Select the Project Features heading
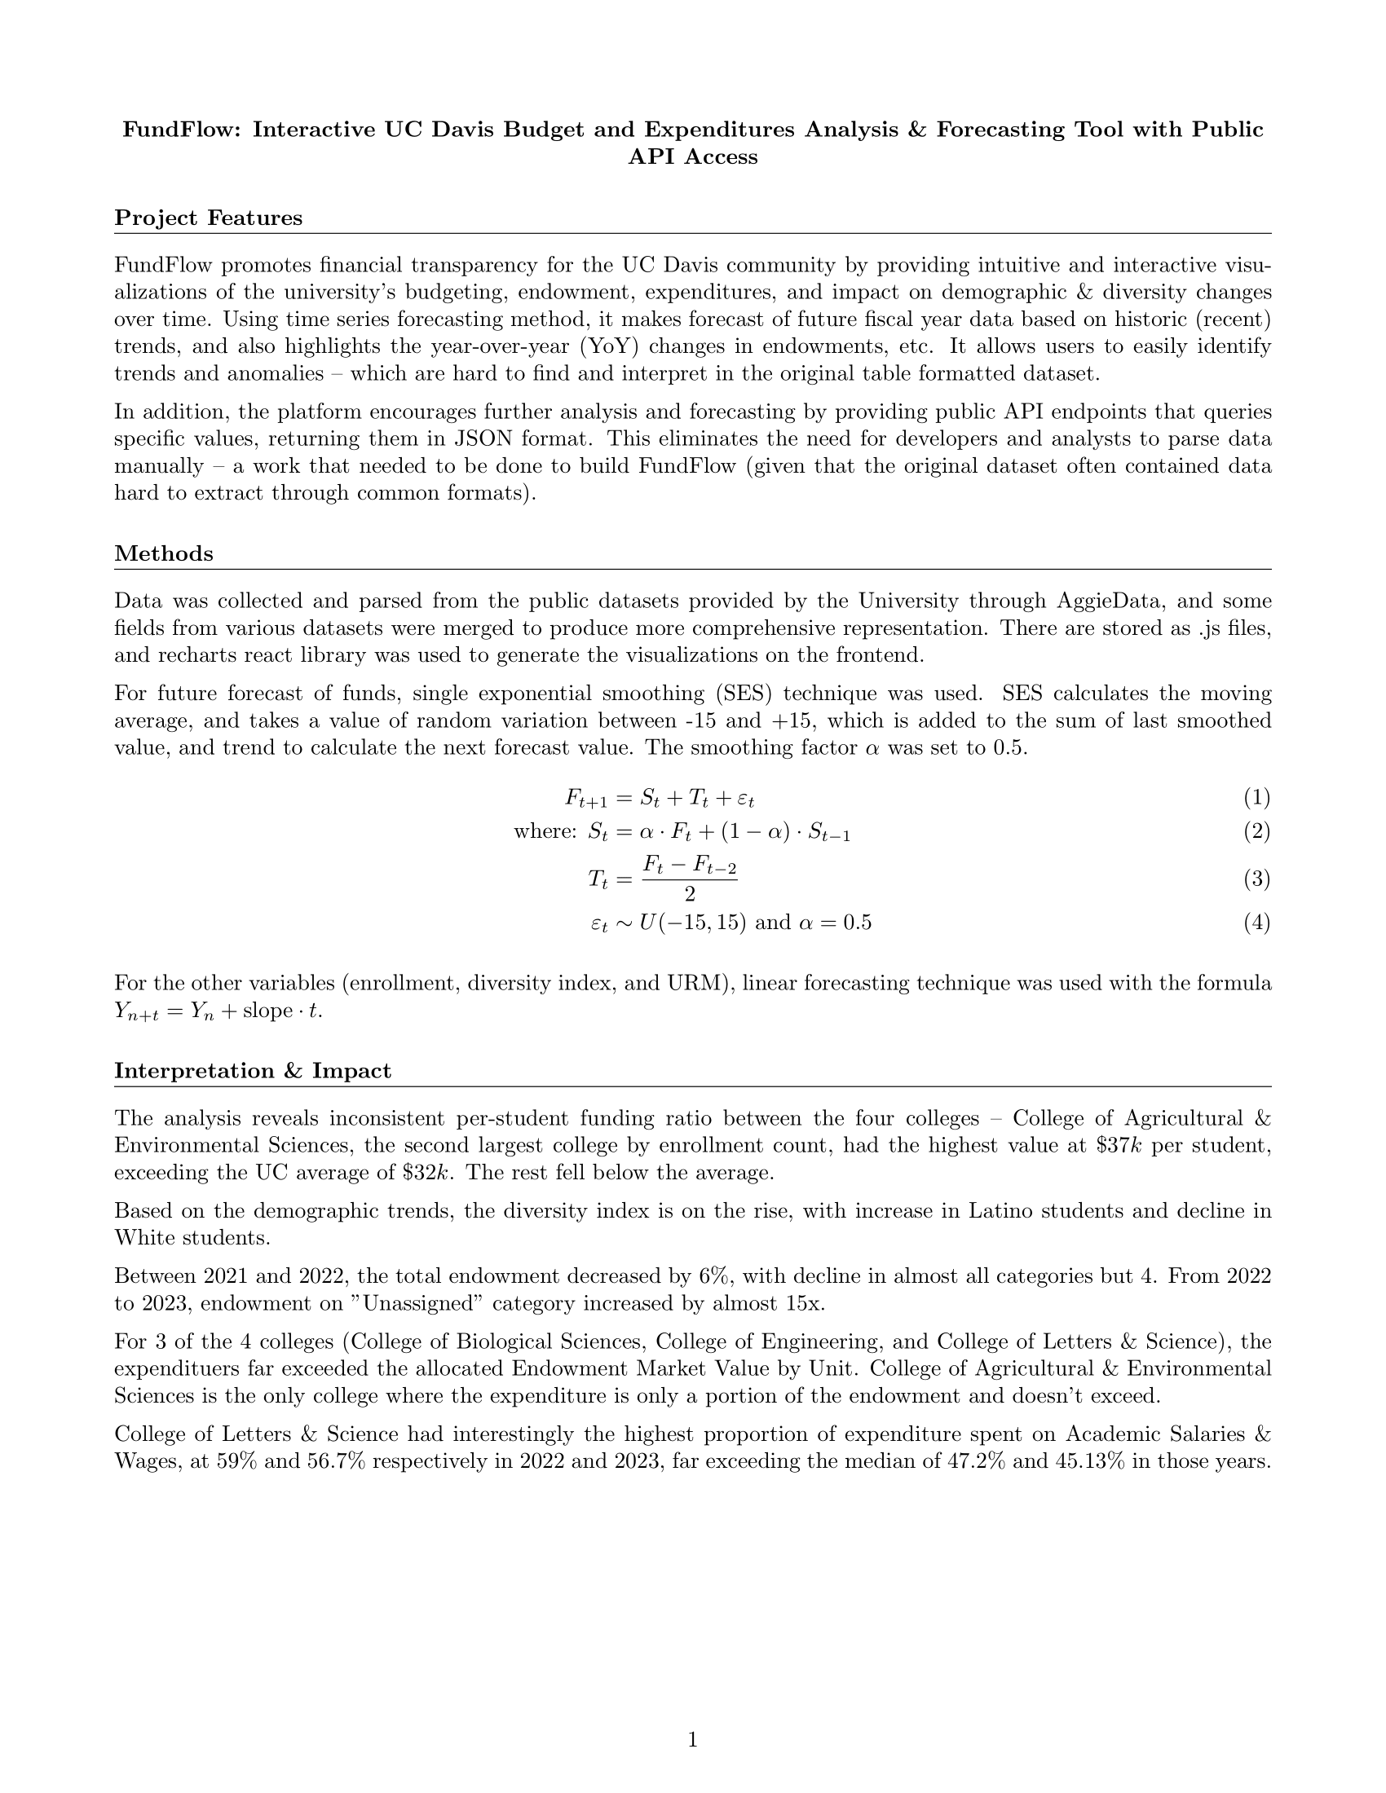point(209,218)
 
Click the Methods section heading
point(163,553)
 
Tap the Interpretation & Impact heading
point(252,1071)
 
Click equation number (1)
point(1256,797)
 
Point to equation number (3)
point(1256,879)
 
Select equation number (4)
point(1256,923)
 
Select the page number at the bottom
point(692,1740)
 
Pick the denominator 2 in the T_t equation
point(690,894)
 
